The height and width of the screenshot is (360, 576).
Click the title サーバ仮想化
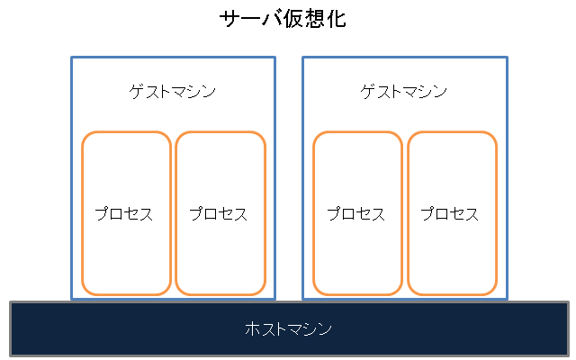(283, 19)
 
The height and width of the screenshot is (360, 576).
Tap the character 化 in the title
(335, 19)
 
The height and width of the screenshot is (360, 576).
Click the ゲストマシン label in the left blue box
(173, 92)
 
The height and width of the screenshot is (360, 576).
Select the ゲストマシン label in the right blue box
(404, 92)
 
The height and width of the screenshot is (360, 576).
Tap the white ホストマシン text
(288, 328)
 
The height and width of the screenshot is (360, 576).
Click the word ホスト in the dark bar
(266, 328)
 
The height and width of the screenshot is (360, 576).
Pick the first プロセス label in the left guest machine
(124, 214)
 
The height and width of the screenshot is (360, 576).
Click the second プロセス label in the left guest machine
(219, 214)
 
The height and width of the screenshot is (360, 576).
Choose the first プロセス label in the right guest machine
(356, 214)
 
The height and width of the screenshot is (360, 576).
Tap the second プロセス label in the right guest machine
(450, 214)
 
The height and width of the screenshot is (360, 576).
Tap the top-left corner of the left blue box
(72, 58)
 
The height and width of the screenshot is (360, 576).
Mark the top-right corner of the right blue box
(507, 58)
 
